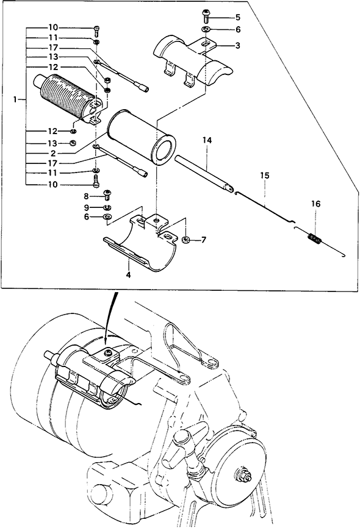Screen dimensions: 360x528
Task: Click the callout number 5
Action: [238, 18]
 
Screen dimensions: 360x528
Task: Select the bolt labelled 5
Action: [205, 15]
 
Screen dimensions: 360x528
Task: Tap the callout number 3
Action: [237, 46]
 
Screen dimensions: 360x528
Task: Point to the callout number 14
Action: [207, 140]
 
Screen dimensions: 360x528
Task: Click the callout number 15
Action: [265, 176]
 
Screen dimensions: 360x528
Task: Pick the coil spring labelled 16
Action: [316, 238]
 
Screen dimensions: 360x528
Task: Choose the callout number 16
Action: [316, 204]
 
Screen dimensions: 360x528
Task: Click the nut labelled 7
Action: [185, 240]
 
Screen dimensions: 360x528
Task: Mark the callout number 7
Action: [203, 240]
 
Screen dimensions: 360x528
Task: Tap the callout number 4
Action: [128, 275]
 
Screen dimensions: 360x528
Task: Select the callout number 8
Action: [86, 196]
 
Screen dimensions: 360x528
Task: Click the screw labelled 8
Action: [107, 194]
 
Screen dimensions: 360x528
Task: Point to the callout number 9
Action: [86, 207]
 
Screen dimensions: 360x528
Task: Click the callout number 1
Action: [15, 99]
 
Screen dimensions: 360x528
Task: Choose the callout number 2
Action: [53, 154]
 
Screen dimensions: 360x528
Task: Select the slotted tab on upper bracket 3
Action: [205, 44]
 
